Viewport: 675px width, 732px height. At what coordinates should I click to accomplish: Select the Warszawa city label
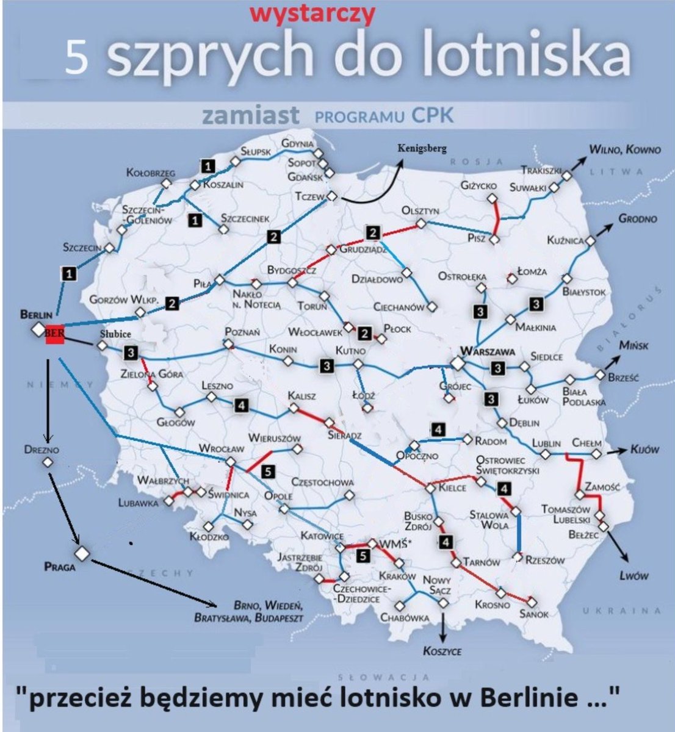[488, 351]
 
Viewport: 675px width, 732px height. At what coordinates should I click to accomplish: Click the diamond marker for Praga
[82, 553]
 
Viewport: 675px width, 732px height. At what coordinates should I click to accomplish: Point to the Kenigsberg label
[422, 148]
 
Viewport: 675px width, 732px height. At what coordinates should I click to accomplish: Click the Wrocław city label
[221, 449]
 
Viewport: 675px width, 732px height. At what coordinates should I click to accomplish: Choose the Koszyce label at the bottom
[442, 651]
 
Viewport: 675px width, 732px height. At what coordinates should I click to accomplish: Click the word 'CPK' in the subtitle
[432, 115]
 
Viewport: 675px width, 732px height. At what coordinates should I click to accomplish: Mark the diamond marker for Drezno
[48, 462]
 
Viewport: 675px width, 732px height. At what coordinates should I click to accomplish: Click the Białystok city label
[584, 292]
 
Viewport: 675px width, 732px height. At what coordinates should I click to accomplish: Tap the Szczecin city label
[82, 247]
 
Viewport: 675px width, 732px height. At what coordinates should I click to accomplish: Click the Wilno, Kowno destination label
[624, 149]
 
